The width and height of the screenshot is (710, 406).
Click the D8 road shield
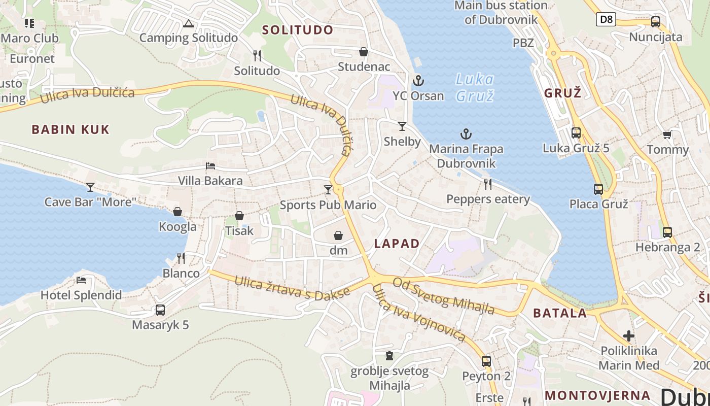coord(606,20)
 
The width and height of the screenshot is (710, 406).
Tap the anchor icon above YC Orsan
coord(418,80)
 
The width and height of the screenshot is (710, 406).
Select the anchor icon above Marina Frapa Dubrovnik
coord(466,134)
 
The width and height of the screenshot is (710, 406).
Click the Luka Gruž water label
coord(475,87)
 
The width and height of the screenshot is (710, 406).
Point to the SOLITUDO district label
coord(298,30)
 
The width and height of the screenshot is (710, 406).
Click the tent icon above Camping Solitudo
coord(189,23)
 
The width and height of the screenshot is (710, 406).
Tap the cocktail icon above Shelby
coord(402,126)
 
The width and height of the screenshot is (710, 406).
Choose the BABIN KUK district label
coord(70,129)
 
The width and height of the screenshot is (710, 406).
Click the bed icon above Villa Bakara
coord(210,166)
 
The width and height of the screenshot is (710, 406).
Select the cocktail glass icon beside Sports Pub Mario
coord(328,190)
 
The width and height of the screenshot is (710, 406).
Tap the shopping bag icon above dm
coord(338,235)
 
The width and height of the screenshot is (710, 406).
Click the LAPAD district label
coord(397,244)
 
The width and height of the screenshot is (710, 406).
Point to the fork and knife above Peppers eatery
coord(488,184)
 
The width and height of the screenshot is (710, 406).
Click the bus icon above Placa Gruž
coord(598,189)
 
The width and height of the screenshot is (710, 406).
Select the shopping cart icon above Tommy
coord(667,134)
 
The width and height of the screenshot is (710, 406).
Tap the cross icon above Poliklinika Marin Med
coord(629,335)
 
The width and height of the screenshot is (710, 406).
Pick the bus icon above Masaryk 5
coord(160,310)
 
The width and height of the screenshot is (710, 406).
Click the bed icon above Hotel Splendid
coord(81,280)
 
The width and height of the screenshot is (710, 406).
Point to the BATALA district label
coord(560,313)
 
